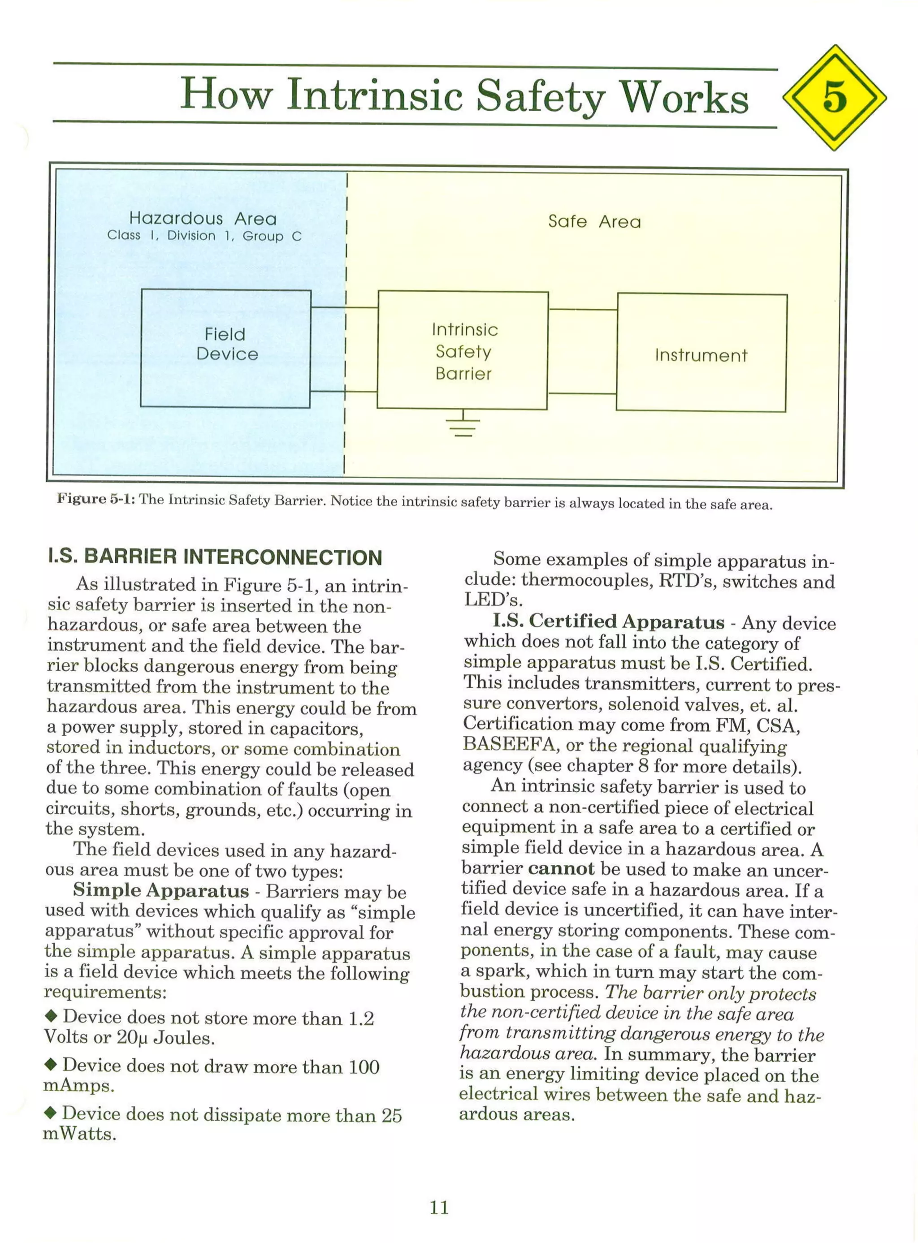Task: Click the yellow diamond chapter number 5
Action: coord(834,97)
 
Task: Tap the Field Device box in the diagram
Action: coord(225,348)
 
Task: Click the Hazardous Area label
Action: coord(203,218)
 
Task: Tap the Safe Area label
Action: coord(594,222)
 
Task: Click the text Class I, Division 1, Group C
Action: coord(204,236)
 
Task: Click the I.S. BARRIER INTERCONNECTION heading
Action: coord(216,557)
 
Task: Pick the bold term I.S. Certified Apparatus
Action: coord(608,621)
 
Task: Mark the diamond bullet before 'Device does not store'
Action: coord(52,1016)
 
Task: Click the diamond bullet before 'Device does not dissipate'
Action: coord(51,1113)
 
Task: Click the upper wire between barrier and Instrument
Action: coord(582,309)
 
